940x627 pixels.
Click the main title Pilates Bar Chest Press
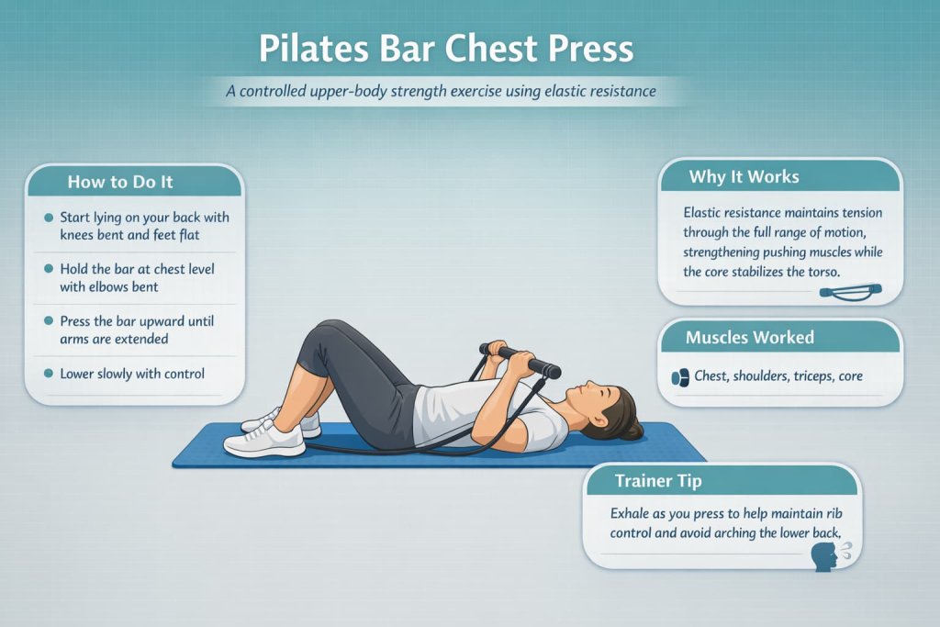(x=445, y=49)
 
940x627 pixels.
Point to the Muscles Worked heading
(x=749, y=338)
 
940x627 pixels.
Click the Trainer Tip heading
(x=658, y=480)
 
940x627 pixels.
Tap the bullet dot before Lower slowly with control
(x=48, y=375)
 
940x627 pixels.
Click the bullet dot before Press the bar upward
(x=48, y=323)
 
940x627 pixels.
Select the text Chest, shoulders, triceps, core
(x=778, y=376)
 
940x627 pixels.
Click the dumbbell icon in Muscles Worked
(x=680, y=376)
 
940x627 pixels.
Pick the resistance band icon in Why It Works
(x=849, y=293)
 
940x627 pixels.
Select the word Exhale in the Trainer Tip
(x=632, y=514)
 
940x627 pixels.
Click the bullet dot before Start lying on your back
(x=48, y=218)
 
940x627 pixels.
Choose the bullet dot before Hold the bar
(x=48, y=270)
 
